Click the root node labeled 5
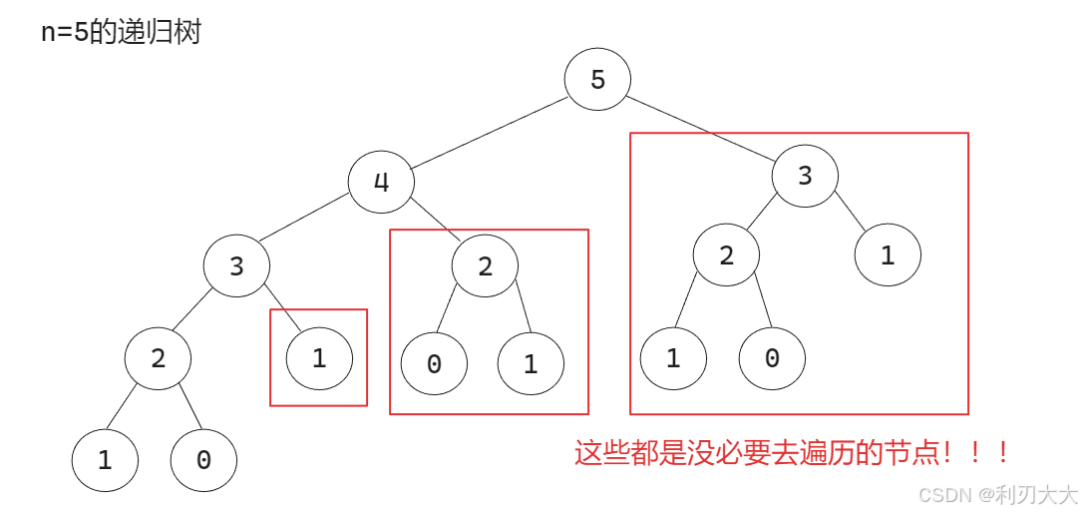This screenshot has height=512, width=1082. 597,79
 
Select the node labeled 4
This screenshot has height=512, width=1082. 381,182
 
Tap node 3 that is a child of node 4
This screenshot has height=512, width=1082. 236,266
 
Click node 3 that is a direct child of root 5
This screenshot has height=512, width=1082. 805,176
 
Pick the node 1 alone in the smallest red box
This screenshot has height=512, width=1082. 319,359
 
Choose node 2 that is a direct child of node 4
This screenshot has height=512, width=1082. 486,265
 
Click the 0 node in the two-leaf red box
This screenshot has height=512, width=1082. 434,364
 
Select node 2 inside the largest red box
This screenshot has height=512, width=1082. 726,256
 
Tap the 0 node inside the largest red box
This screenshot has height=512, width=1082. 772,358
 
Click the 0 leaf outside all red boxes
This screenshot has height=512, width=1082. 203,460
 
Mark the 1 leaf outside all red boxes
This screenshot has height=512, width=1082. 105,460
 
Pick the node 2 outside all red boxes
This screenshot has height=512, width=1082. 158,357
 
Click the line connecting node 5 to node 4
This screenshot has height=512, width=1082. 489,131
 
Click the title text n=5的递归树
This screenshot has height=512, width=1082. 121,32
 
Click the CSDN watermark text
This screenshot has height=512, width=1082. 997,495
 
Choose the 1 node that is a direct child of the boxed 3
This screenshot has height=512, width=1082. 888,256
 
